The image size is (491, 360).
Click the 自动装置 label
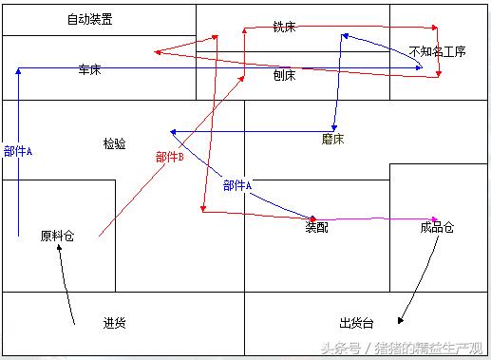(89, 19)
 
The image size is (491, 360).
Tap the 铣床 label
(284, 28)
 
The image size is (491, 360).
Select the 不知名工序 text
(438, 51)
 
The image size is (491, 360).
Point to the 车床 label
(90, 69)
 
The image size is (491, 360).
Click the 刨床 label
(284, 75)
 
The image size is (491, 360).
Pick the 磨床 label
(333, 139)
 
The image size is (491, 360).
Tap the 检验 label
(114, 143)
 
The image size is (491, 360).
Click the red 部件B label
(169, 157)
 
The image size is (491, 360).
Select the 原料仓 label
(56, 236)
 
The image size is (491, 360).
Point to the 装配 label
(316, 228)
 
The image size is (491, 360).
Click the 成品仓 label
(437, 228)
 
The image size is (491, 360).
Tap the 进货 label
(114, 323)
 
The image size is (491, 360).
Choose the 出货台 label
(355, 323)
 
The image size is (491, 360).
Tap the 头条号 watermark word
(339, 349)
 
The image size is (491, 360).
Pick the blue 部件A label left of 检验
(18, 151)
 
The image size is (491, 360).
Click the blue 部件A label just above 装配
(237, 185)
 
